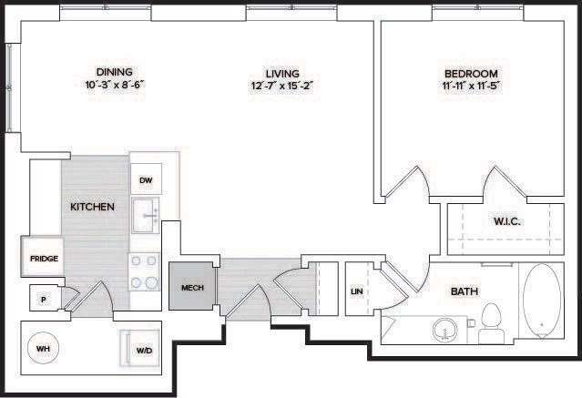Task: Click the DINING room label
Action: [x=115, y=72]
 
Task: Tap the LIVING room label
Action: [x=282, y=72]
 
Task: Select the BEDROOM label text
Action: [x=471, y=73]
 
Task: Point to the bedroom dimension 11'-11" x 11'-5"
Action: [x=471, y=85]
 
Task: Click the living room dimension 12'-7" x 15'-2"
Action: [x=282, y=85]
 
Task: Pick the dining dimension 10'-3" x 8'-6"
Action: [x=115, y=85]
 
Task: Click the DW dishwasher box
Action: [x=146, y=180]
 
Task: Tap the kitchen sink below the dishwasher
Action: [x=146, y=217]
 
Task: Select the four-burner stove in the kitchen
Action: [x=145, y=270]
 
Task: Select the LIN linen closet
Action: [x=357, y=291]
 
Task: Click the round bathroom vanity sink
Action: [x=445, y=327]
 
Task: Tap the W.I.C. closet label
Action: [x=508, y=219]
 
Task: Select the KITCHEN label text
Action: [x=92, y=207]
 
